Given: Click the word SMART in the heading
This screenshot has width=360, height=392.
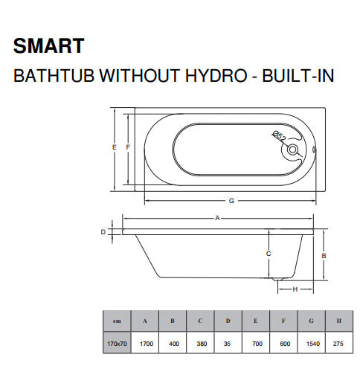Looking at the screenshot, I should click(49, 46).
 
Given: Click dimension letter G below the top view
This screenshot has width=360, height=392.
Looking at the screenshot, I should click(231, 201).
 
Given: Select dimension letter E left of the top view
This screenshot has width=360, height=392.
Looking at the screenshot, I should click(114, 147).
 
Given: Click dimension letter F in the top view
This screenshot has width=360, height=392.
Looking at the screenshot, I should click(128, 147).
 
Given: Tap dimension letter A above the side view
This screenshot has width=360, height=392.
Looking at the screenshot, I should click(217, 218).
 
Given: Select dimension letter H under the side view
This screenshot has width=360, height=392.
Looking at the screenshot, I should click(295, 289).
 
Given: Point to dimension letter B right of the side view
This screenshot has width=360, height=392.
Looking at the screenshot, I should click(325, 255).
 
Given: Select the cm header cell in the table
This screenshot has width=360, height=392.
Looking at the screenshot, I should click(117, 321).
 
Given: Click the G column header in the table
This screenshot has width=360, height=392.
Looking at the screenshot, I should click(311, 321).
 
